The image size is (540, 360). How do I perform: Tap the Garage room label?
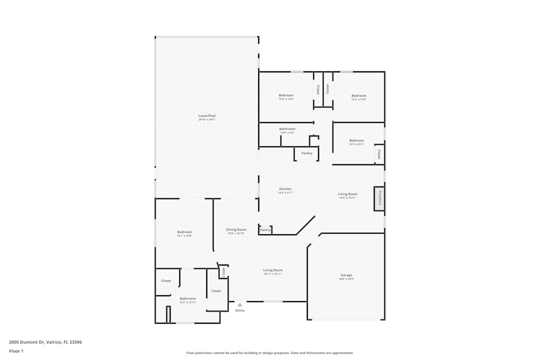click(346, 275)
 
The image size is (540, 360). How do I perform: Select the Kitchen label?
click(285, 189)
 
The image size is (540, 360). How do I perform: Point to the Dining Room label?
click(236, 229)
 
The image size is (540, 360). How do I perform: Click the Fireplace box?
click(379, 199)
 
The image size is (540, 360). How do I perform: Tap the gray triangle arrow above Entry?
click(240, 304)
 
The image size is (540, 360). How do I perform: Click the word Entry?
click(240, 310)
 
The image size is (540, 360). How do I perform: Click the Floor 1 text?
click(16, 351)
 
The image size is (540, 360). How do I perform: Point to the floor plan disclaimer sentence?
click(270, 352)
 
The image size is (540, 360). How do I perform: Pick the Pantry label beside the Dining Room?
click(265, 230)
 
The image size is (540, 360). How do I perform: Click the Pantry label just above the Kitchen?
click(307, 153)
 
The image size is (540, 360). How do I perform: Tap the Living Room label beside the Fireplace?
click(348, 194)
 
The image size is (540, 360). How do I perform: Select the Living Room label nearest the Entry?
click(273, 270)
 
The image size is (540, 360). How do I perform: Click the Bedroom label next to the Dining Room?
click(184, 232)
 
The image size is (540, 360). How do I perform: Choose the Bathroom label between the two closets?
click(188, 298)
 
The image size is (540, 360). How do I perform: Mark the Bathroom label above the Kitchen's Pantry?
click(287, 129)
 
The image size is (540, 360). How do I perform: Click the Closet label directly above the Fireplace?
click(379, 154)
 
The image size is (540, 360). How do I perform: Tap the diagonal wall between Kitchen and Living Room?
click(306, 226)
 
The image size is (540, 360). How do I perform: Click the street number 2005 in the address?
click(15, 342)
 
